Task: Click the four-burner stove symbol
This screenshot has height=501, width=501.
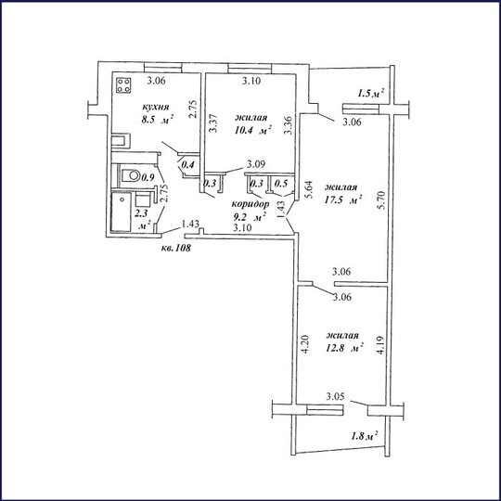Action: [123, 85]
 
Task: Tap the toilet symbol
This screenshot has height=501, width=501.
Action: [131, 175]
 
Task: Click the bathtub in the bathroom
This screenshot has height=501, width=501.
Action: [121, 212]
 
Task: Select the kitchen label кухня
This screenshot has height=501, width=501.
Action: [156, 107]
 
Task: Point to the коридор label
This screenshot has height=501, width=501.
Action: [250, 204]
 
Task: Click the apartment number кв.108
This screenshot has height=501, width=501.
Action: [175, 248]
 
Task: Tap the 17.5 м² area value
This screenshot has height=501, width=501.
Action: [343, 200]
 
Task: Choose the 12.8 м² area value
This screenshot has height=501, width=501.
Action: [344, 348]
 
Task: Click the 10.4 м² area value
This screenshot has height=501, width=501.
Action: [252, 131]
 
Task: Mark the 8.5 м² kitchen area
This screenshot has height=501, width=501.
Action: [158, 120]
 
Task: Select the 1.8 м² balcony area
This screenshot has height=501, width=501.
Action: [365, 435]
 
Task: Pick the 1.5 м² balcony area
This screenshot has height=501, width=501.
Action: [370, 94]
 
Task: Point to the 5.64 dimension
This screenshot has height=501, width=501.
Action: [309, 190]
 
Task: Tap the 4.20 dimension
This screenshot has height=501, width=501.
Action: [304, 344]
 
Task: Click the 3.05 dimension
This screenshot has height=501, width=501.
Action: [335, 397]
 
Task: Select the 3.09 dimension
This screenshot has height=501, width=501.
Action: [256, 164]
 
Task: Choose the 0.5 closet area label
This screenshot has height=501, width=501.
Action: [281, 184]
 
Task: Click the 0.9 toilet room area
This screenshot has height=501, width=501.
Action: [148, 177]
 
